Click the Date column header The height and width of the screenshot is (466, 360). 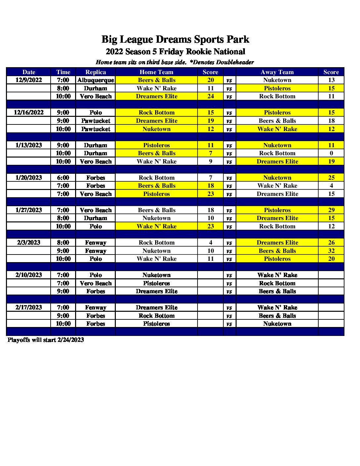(x=29, y=72)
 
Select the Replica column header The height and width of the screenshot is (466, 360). (x=96, y=72)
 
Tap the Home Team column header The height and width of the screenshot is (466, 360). (x=157, y=72)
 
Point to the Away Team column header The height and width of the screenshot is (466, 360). (x=277, y=72)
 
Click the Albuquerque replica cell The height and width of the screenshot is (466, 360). (x=96, y=80)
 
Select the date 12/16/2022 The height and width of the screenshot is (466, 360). (x=29, y=113)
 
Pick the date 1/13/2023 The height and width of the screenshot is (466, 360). (x=29, y=145)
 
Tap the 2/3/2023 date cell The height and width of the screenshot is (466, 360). (x=29, y=243)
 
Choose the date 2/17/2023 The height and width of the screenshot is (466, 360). (x=29, y=307)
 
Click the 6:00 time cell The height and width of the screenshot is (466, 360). (x=63, y=178)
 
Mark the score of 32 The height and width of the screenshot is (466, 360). (x=331, y=251)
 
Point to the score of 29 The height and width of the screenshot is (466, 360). (x=331, y=210)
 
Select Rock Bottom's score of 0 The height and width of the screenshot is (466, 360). (x=331, y=153)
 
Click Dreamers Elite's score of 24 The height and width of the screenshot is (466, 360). (x=211, y=96)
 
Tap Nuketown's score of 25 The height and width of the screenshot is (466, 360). (x=331, y=178)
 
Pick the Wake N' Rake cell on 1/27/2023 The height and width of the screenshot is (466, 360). (x=157, y=226)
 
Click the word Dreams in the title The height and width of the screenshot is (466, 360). (x=174, y=39)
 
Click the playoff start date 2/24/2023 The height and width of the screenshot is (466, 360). (x=70, y=340)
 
